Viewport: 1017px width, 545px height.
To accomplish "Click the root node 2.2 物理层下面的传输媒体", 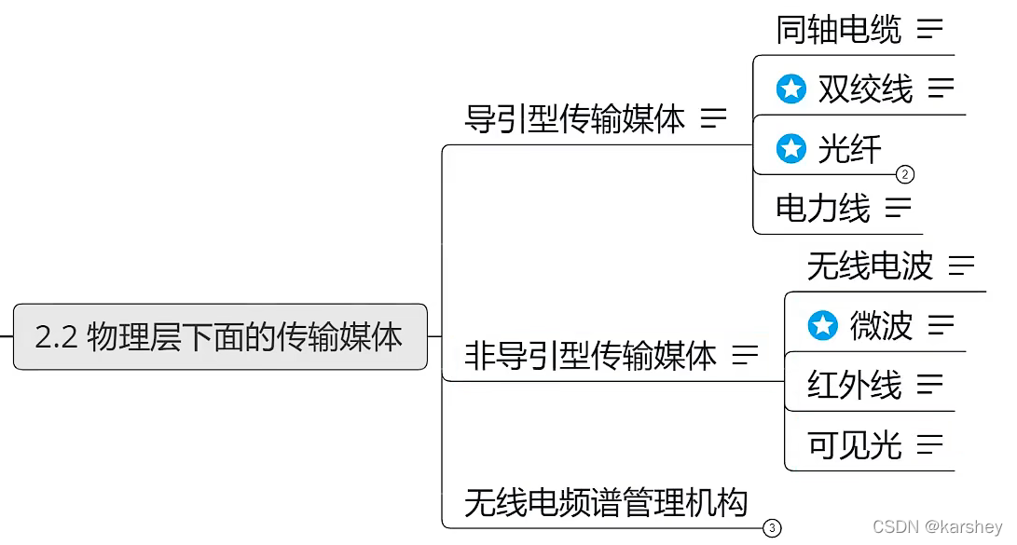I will click(220, 336).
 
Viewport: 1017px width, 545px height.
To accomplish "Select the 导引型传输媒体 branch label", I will click(574, 119).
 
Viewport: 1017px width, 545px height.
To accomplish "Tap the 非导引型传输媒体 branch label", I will click(590, 356).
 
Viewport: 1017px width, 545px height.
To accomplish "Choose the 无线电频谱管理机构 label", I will click(606, 503).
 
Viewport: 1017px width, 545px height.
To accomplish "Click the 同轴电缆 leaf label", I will click(838, 30).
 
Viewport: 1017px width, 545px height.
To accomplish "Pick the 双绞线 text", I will click(865, 89).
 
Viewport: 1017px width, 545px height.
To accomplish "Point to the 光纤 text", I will click(849, 149).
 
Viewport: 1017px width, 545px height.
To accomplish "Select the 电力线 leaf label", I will click(822, 208).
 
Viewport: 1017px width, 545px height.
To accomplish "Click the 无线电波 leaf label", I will click(869, 266).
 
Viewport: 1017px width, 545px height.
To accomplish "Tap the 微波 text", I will click(881, 326).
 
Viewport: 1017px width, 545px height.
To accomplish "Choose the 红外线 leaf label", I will click(854, 385).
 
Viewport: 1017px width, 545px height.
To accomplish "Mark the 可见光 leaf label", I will click(854, 445).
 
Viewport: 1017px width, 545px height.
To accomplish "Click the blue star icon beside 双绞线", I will click(791, 89).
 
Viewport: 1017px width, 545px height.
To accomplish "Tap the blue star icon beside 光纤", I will click(791, 149).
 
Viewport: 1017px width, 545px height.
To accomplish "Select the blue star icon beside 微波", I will click(822, 326).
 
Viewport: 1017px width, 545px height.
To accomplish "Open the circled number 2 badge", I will click(905, 174).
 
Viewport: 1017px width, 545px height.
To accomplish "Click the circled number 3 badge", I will click(772, 529).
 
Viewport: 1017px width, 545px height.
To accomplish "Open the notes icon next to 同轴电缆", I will click(929, 30).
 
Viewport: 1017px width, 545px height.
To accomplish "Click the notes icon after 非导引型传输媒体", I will click(745, 355).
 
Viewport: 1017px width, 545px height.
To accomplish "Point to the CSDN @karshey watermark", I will click(937, 527).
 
